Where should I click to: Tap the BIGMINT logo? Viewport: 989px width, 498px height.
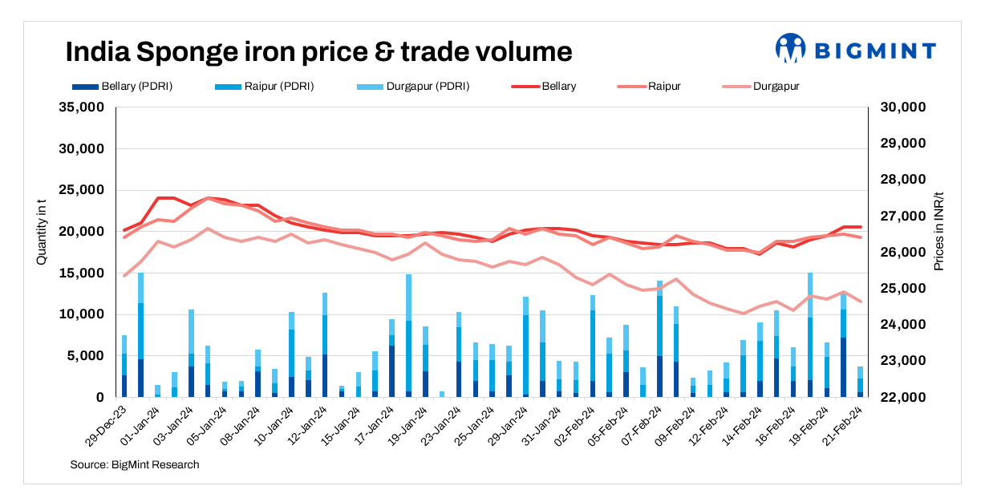coord(855,50)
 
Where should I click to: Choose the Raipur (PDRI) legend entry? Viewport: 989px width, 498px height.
coord(265,86)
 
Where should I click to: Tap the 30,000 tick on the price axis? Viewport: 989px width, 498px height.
coord(905,107)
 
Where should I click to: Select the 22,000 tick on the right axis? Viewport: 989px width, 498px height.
coord(905,398)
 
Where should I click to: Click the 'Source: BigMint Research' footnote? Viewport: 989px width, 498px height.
coord(134,464)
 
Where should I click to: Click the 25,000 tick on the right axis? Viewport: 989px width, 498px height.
coord(905,289)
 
